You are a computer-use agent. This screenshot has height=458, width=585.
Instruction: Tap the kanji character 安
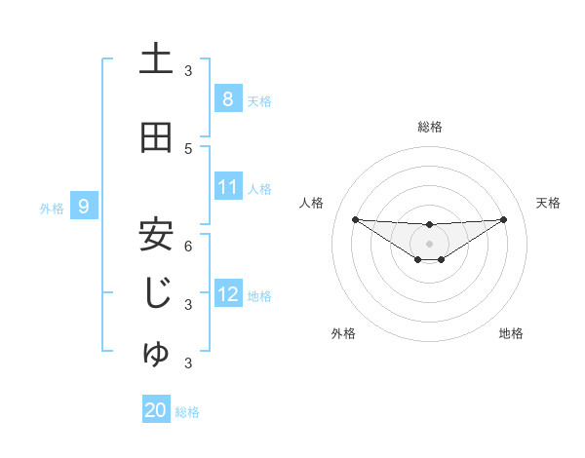tap(156, 233)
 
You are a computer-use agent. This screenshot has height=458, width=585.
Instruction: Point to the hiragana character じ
tap(156, 292)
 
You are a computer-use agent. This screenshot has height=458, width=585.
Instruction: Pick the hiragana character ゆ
tap(156, 354)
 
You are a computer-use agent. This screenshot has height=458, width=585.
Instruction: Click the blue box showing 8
tap(227, 99)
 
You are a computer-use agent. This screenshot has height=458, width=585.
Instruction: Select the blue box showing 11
tap(228, 188)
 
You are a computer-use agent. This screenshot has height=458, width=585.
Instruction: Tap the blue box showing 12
tap(228, 294)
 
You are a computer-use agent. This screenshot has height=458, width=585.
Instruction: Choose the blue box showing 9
tap(84, 207)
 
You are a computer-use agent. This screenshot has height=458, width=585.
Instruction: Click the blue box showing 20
tap(156, 410)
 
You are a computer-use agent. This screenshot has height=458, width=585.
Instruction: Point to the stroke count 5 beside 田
tap(188, 148)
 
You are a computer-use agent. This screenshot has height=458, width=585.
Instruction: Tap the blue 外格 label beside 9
tap(51, 208)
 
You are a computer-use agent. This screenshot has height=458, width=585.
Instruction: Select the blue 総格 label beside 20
tap(187, 411)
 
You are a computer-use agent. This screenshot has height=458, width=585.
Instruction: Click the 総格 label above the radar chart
tap(429, 127)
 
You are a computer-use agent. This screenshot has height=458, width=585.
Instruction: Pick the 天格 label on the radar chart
tap(548, 203)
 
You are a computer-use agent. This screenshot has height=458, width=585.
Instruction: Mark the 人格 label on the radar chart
tap(312, 203)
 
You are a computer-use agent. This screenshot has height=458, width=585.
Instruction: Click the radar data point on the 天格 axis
tap(504, 219)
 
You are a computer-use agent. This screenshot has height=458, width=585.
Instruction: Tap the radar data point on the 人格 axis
tap(355, 219)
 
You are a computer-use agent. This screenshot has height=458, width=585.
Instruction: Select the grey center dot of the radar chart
tap(429, 243)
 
